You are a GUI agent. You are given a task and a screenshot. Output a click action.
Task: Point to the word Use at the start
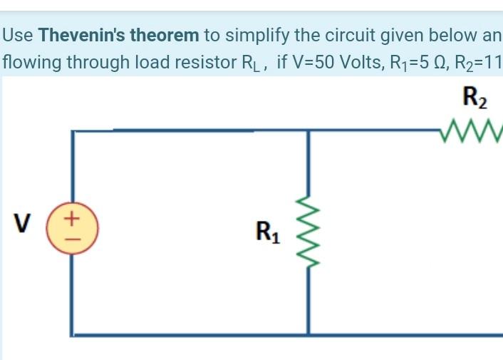19,34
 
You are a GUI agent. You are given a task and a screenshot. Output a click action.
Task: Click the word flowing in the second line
31,63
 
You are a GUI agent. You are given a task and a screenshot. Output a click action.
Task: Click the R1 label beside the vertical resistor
267,232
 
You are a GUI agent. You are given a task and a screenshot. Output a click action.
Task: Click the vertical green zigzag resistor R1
308,230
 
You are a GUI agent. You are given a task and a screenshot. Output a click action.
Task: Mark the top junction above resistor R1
308,131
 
